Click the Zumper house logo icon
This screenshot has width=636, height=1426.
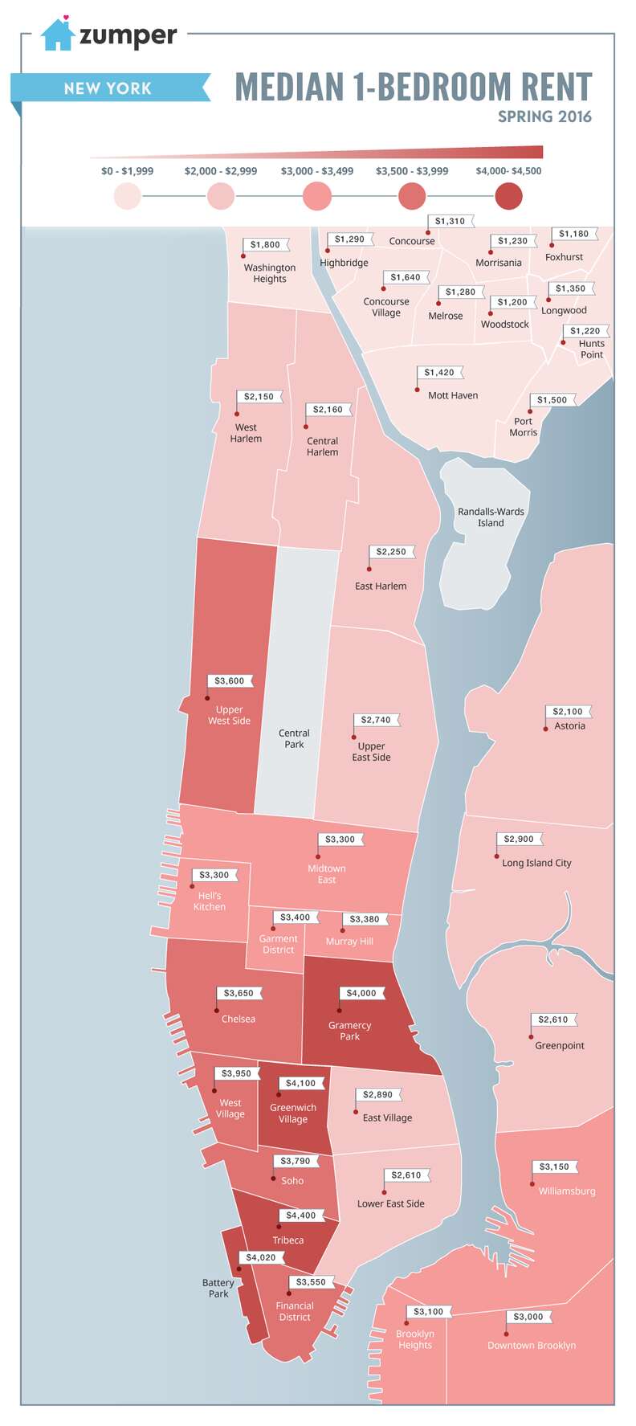58,34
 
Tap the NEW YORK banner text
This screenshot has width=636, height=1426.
108,88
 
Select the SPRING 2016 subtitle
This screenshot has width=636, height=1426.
544,116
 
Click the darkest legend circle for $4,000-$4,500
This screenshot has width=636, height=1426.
508,196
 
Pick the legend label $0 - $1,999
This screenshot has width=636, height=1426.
127,171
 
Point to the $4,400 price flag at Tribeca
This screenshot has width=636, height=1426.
302,1216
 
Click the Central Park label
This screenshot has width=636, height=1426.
294,738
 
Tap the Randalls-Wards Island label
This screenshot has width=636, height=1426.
491,517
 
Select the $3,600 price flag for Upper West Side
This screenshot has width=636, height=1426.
230,680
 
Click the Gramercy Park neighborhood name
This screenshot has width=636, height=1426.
349,1031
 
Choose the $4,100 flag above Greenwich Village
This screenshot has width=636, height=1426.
301,1083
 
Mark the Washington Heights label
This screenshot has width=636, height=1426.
270,273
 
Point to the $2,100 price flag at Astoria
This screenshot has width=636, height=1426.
569,711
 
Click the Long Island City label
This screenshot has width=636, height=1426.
536,863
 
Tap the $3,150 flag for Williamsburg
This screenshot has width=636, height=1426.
554,1167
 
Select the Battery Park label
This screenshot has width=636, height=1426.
218,1288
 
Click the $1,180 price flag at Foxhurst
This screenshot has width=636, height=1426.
574,234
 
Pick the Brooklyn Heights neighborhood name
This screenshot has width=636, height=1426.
415,1339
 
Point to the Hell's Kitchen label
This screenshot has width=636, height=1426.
210,901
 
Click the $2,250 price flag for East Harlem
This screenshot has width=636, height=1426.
392,552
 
